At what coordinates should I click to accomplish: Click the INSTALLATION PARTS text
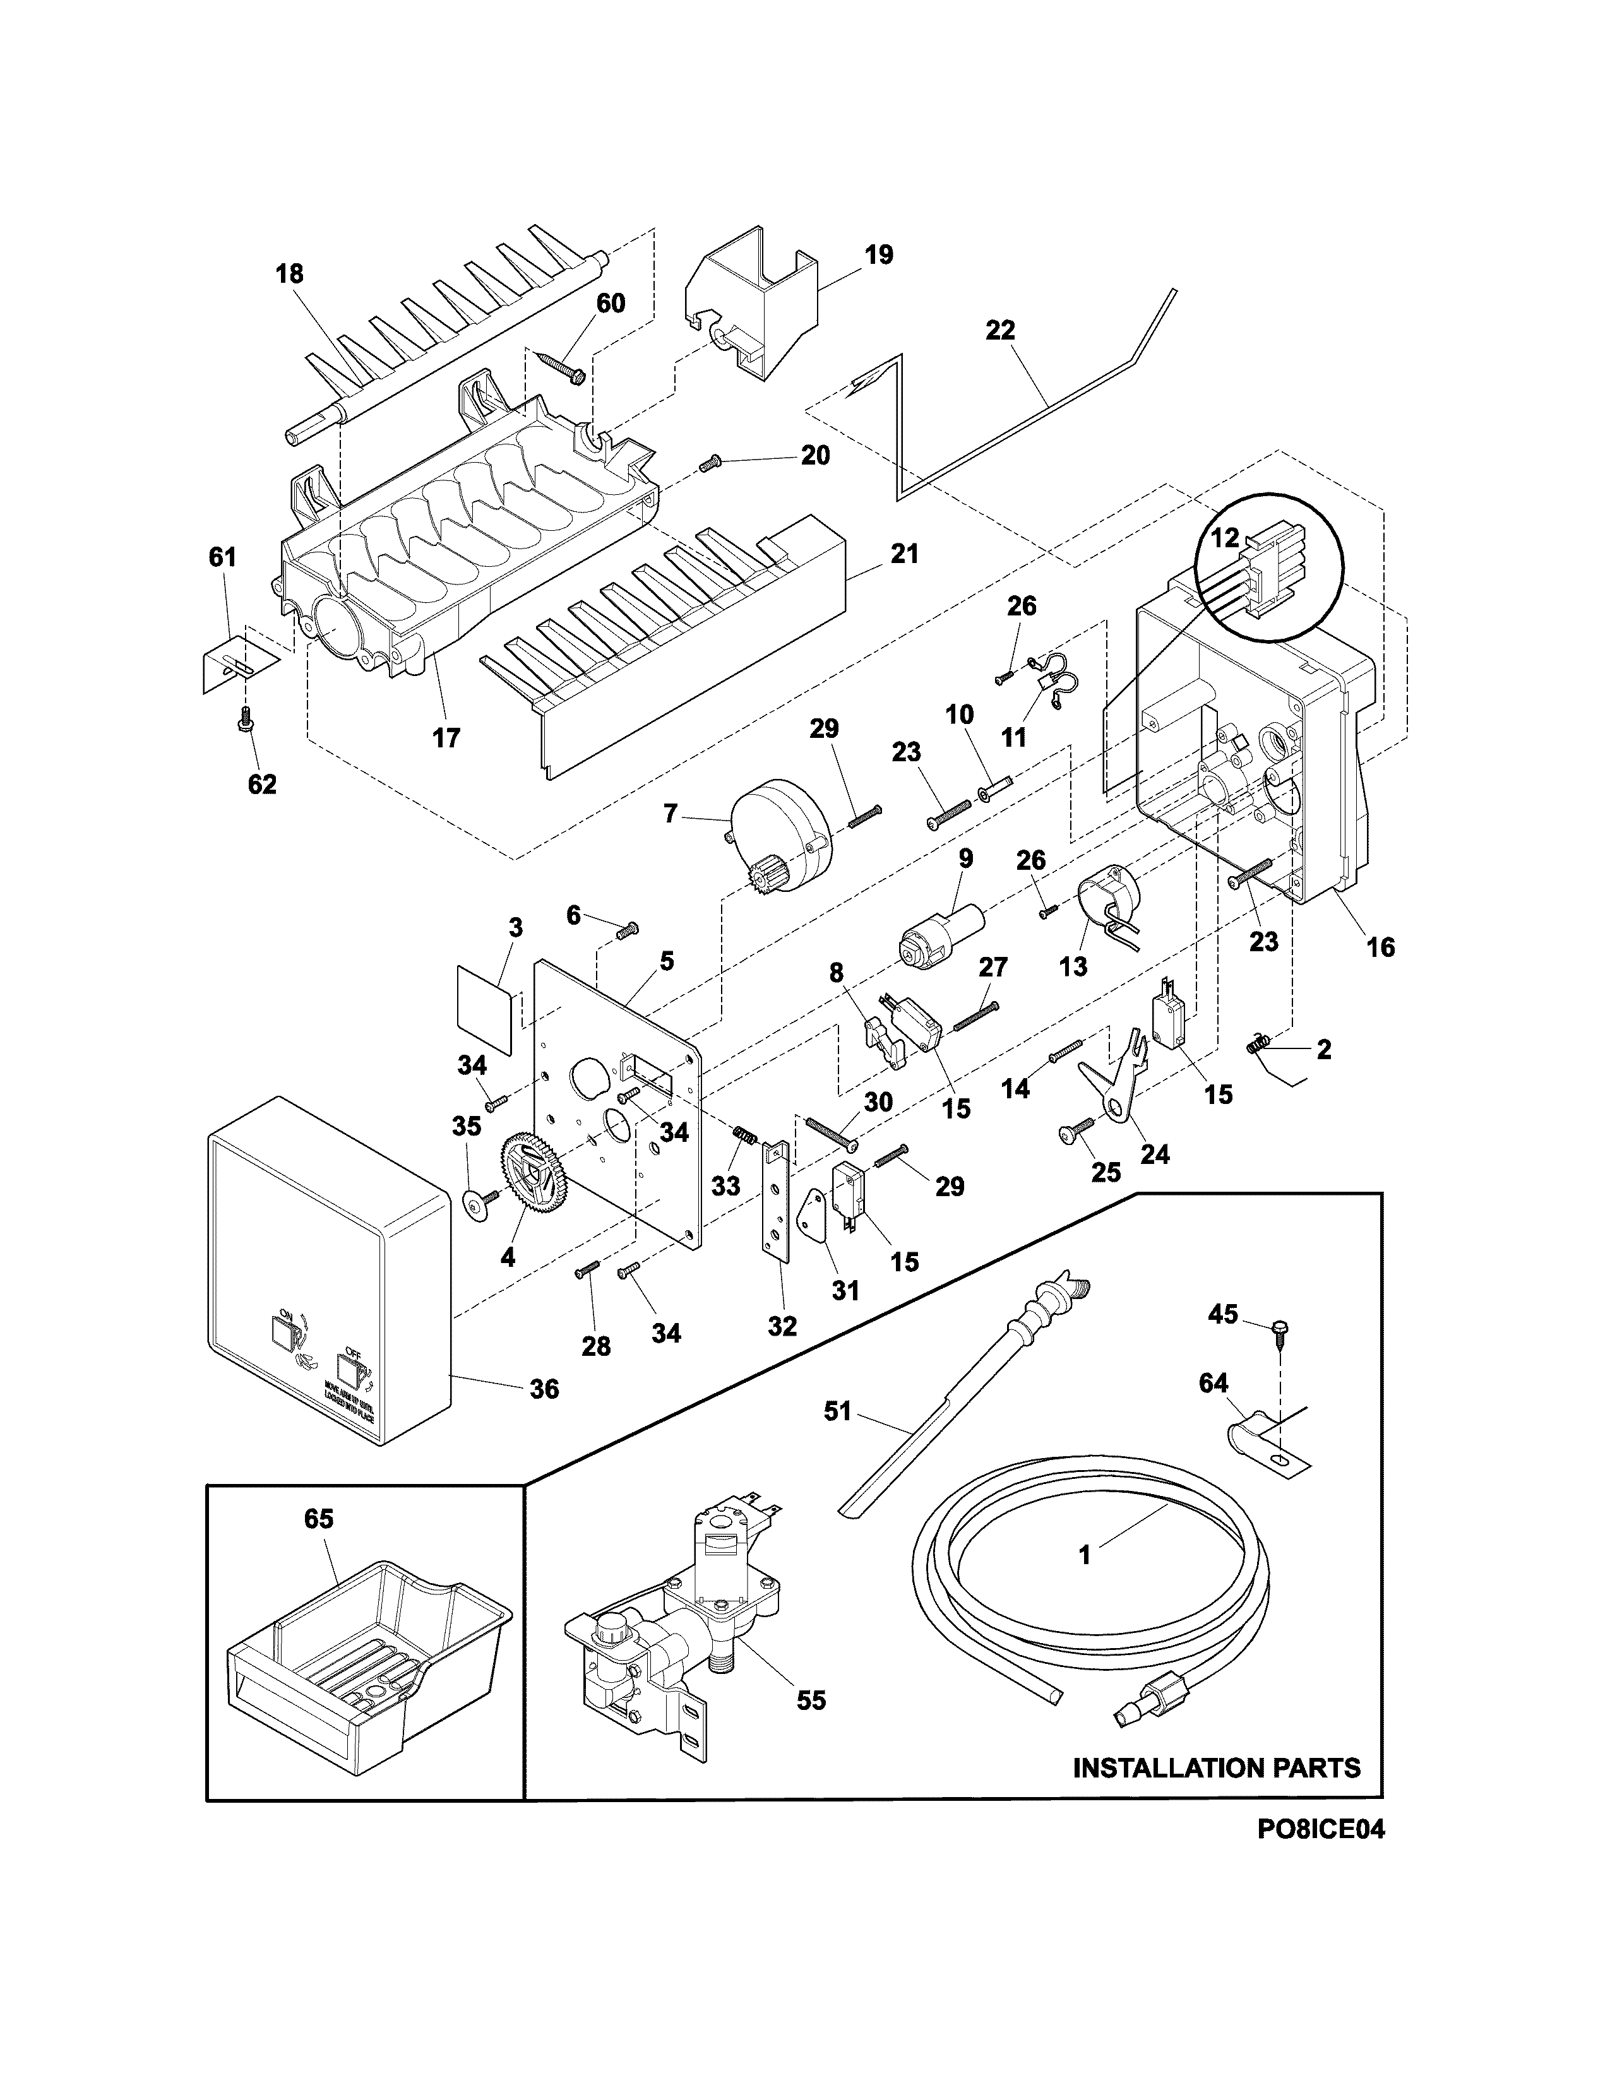(1216, 1767)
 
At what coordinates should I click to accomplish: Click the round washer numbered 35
(473, 1204)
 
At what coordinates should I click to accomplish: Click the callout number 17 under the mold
(445, 737)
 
